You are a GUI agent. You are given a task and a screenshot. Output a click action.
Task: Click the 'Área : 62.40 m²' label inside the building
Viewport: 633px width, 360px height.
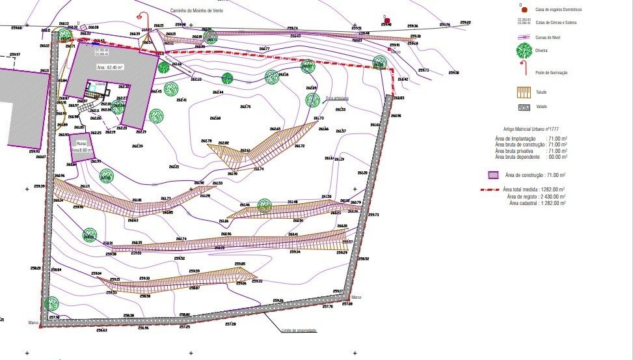[110, 67]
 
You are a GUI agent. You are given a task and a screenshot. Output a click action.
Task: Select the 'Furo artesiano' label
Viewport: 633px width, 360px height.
[337, 98]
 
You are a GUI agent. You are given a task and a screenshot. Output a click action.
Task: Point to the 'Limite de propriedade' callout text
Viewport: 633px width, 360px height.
[299, 331]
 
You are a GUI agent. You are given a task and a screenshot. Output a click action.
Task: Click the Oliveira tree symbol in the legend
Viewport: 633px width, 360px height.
[523, 50]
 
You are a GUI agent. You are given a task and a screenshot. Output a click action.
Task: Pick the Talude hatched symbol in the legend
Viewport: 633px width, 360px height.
[523, 92]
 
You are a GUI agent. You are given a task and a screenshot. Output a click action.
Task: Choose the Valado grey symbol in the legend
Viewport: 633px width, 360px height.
[523, 107]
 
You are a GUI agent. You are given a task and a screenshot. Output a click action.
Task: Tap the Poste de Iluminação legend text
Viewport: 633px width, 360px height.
[551, 73]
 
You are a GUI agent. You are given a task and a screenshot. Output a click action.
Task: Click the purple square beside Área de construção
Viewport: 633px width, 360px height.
[493, 175]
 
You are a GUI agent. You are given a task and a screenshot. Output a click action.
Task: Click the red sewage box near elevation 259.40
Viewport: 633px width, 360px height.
[388, 22]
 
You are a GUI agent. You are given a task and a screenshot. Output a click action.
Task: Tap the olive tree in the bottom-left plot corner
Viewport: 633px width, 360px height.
[51, 303]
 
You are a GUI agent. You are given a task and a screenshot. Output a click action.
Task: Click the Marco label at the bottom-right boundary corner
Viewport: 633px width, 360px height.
[357, 297]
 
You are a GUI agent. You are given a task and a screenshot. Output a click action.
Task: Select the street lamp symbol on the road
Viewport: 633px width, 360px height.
[139, 18]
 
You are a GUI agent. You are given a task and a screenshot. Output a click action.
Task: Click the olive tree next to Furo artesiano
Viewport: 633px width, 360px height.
[313, 100]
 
